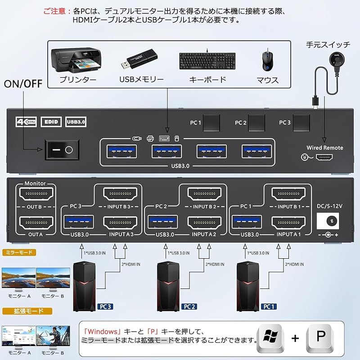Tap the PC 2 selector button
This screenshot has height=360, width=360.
pyautogui.click(x=256, y=122)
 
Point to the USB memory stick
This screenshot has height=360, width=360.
pyautogui.click(x=139, y=60)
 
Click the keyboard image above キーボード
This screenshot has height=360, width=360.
pyautogui.click(x=207, y=61)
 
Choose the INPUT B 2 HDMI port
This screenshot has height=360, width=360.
pyautogui.click(x=206, y=195)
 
